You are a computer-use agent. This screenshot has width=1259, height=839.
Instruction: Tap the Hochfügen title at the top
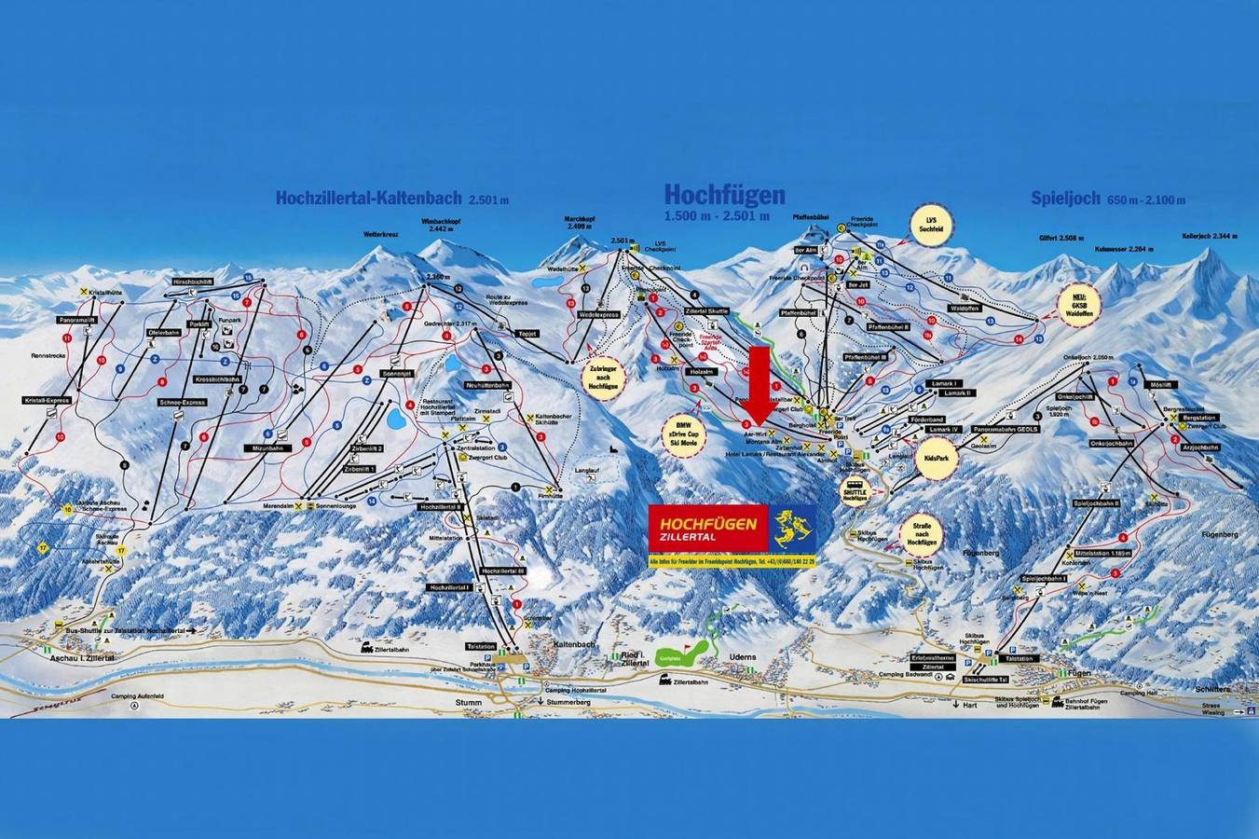click(x=724, y=194)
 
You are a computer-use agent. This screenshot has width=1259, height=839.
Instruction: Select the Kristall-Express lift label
click(x=48, y=401)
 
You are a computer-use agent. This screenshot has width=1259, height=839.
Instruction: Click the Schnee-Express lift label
click(x=182, y=403)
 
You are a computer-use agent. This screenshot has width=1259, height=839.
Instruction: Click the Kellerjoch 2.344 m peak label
click(x=1211, y=235)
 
